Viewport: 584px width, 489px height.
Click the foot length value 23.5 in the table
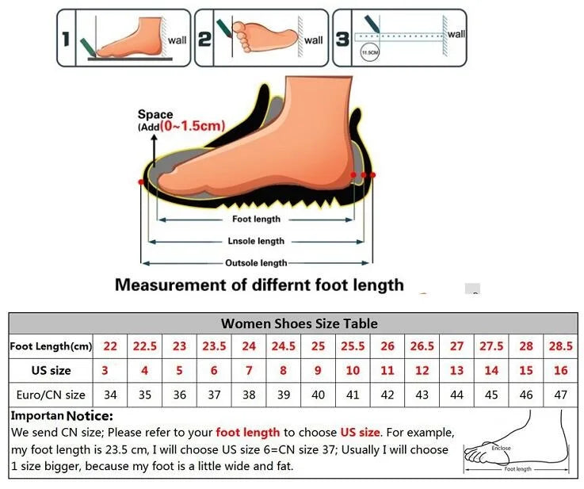click(213, 346)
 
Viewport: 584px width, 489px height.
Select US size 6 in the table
click(213, 370)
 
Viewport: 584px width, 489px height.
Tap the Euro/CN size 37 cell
click(213, 394)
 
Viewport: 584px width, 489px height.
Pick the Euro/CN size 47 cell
click(562, 394)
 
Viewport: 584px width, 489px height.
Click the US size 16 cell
click(562, 370)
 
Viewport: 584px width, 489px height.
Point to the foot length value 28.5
click(562, 346)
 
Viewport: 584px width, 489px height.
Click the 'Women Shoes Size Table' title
click(299, 323)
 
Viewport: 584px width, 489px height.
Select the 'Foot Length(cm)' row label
click(51, 346)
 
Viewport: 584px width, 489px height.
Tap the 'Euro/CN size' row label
click(51, 394)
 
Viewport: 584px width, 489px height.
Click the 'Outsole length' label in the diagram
click(256, 262)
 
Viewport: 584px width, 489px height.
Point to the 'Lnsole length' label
click(256, 241)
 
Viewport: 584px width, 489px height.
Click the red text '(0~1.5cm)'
click(192, 126)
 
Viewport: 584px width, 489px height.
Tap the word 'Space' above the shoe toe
click(155, 115)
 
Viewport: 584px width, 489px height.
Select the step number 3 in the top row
click(342, 38)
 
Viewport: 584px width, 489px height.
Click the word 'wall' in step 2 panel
click(314, 40)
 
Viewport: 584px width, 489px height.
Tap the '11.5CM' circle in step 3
click(369, 54)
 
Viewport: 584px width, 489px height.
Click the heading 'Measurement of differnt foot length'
click(259, 285)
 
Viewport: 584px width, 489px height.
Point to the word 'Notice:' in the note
click(90, 416)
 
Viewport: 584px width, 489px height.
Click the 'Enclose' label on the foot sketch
click(500, 449)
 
